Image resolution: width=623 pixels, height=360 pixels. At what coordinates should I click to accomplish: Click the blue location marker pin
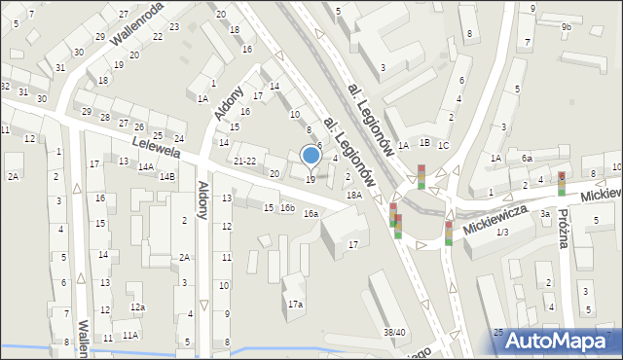click(x=311, y=156)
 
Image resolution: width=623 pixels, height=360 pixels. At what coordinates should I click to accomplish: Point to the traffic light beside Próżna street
click(x=562, y=183)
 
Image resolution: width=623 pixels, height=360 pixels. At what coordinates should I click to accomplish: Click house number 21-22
click(x=245, y=161)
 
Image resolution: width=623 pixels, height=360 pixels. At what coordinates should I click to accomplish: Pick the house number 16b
click(x=287, y=208)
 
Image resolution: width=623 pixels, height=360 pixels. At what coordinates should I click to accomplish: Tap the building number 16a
click(x=311, y=214)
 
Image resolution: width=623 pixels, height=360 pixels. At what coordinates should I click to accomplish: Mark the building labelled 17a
click(x=294, y=305)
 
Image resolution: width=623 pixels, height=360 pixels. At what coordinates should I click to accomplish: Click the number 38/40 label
click(x=394, y=333)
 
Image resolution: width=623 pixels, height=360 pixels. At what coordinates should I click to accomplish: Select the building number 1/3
click(x=502, y=232)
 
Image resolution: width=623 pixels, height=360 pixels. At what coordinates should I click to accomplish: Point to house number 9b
click(x=567, y=27)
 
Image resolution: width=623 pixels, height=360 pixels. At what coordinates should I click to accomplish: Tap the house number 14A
click(x=145, y=167)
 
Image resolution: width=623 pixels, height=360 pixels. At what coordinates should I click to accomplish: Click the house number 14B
click(x=167, y=176)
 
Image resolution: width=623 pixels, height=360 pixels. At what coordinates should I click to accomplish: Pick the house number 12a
click(x=138, y=307)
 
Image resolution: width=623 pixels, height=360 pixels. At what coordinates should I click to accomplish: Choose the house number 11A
click(x=129, y=336)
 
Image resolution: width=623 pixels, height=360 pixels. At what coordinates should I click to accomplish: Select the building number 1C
click(x=444, y=145)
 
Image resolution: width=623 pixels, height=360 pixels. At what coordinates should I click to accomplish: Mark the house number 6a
click(x=527, y=158)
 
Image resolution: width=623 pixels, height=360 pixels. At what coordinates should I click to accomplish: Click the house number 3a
click(x=546, y=214)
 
